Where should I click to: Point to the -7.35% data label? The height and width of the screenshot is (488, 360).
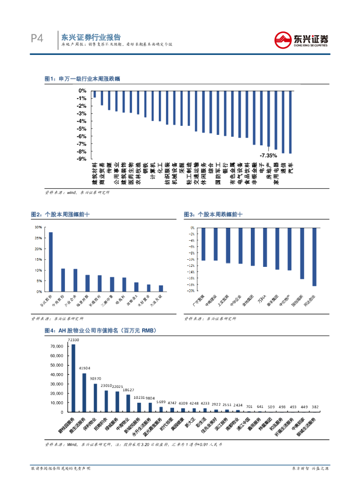coord(268,155)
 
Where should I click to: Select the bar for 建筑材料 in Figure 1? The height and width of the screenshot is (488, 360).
coord(94,94)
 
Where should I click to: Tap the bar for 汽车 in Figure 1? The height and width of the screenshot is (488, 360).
coord(290,122)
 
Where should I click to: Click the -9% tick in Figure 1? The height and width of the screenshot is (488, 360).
coord(82,159)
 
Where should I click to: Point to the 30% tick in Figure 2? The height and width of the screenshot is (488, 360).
coord(38,227)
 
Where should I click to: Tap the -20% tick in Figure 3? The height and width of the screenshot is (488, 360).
coord(192,291)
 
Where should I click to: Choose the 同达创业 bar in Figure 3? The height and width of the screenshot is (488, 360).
coord(314,257)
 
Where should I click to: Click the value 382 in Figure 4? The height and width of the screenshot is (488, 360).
coord(315,407)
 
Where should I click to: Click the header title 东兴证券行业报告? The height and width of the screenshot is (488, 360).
coord(91,37)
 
